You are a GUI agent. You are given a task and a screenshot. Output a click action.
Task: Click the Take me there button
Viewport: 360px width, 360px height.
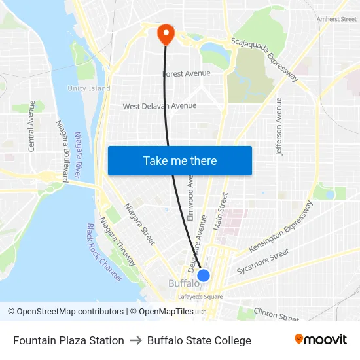180,160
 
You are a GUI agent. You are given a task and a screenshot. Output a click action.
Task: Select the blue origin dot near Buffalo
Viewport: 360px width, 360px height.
204,276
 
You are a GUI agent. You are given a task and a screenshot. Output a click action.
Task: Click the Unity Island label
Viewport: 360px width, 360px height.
89,88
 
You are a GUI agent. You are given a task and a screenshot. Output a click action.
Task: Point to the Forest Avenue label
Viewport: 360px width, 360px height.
187,73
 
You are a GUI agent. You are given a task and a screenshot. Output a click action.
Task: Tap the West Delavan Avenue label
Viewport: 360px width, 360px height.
160,106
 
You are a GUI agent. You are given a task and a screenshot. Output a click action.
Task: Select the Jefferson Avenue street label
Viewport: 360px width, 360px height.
279,126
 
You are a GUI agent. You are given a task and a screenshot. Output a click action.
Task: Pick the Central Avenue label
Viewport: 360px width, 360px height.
31,126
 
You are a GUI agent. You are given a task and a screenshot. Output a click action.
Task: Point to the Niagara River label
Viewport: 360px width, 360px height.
78,154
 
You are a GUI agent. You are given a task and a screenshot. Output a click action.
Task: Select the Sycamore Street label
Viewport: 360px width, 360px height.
262,261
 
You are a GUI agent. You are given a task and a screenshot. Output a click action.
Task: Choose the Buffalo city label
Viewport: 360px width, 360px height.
184,283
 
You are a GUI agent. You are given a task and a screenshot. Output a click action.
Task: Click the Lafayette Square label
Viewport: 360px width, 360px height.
200,297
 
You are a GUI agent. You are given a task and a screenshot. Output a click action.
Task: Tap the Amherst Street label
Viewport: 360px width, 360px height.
336,20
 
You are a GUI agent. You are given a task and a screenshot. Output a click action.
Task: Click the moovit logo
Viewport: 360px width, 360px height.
321,340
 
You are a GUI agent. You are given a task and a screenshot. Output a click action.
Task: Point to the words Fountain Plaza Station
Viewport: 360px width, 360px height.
69,340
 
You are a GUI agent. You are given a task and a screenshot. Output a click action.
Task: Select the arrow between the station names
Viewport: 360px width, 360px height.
135,340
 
